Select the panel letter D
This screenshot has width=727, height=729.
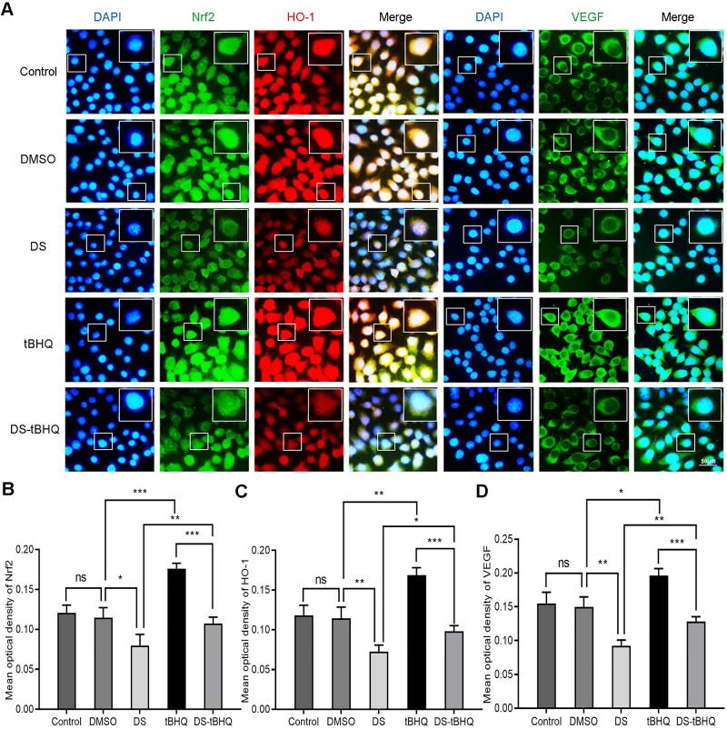[x=487, y=493]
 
